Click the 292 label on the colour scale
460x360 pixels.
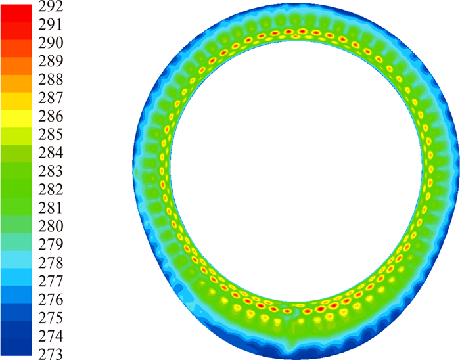[51, 6]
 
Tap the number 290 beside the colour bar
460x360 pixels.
[51, 43]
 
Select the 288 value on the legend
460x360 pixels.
[51, 79]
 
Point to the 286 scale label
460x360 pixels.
[51, 116]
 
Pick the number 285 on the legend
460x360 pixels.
[51, 134]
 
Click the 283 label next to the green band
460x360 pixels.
[51, 171]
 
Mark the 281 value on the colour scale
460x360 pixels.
[51, 208]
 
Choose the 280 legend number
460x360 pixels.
[51, 226]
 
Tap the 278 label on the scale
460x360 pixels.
[51, 263]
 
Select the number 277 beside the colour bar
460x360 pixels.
[51, 281]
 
